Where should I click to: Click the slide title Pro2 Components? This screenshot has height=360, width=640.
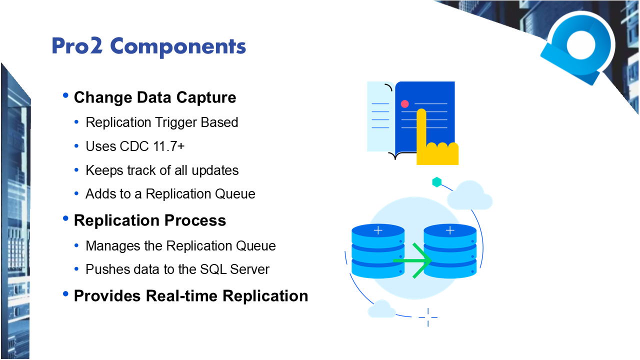pos(148,46)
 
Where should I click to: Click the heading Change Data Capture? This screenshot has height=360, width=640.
pos(155,97)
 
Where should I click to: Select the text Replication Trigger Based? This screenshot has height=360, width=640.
pos(161,122)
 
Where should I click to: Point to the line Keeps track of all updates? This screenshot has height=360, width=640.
pos(162,170)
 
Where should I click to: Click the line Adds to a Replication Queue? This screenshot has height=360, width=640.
pos(170,194)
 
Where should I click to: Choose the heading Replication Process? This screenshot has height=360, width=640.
pos(150,220)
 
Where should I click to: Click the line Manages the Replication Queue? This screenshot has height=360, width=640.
pos(180,246)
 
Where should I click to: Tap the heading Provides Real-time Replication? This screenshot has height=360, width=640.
pos(190,295)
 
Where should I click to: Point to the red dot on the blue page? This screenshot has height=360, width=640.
pos(405,104)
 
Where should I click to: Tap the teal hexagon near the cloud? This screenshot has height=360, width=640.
pos(436,182)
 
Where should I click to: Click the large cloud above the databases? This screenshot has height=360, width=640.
pos(469,196)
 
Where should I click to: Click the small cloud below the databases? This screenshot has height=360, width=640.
pos(381,309)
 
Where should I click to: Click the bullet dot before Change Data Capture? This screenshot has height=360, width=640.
pos(65,95)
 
